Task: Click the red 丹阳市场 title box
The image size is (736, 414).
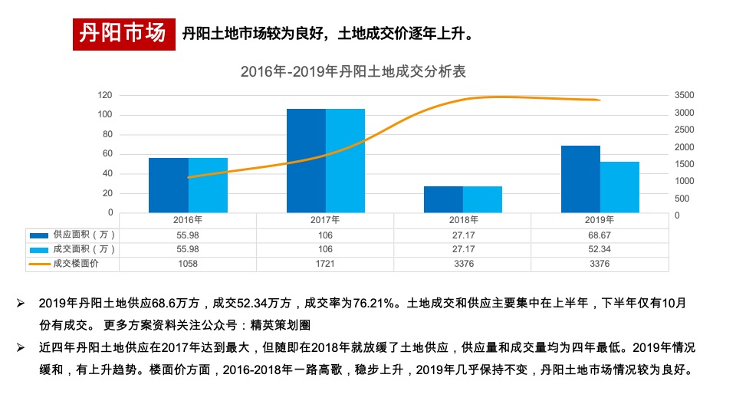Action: point(123,34)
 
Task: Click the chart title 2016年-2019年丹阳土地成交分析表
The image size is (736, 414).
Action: point(353,72)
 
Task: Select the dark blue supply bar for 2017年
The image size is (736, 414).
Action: point(306,160)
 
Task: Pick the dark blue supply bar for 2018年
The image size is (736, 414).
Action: point(443,199)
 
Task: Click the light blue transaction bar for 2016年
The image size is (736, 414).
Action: point(208,185)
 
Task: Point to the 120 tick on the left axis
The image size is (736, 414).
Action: point(105,95)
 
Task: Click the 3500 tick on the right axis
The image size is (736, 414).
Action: point(685,95)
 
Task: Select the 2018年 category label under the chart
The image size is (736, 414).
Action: point(462,219)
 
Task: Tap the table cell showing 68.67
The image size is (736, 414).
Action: point(600,235)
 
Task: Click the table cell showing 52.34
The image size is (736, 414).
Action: point(600,249)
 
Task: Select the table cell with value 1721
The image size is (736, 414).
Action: point(325,264)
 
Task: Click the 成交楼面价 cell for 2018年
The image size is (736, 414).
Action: point(462,264)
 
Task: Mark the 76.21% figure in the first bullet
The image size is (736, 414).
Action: point(376,304)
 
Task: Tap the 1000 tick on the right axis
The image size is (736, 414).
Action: point(685,181)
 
